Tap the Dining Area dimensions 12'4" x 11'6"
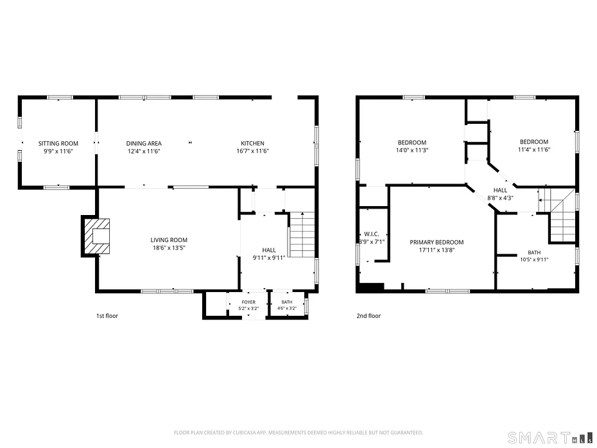click(x=144, y=151)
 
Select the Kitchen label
click(x=252, y=143)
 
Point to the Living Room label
click(x=169, y=240)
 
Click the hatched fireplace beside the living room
click(x=96, y=236)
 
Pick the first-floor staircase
click(x=302, y=234)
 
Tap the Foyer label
click(x=248, y=302)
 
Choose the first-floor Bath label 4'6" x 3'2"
click(x=287, y=306)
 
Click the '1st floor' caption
click(x=107, y=316)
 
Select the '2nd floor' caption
click(x=368, y=316)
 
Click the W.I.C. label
click(x=371, y=234)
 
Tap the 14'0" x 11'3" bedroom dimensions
click(x=412, y=150)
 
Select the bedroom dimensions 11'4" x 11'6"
click(x=534, y=150)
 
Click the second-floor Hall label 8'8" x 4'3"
click(x=500, y=194)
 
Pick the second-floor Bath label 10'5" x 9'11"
click(x=534, y=256)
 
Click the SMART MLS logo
click(x=551, y=438)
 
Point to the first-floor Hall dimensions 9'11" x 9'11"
click(x=269, y=257)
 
